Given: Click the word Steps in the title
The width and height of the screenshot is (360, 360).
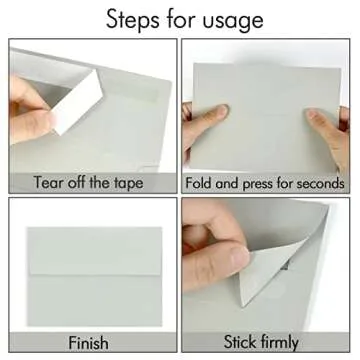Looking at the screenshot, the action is pos(132,21).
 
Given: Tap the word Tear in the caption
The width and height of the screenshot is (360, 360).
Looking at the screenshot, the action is pos(49,182).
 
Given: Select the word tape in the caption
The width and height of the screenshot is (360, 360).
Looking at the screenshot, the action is pos(128,184).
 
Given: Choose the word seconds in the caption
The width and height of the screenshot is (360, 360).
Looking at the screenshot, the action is pos(322,183).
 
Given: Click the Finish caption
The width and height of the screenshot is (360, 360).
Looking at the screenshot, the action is pos(88,343).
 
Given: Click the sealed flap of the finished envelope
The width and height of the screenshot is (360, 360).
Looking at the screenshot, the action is pos(95,251).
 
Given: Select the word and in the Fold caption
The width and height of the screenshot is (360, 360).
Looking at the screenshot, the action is pos(227,183).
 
